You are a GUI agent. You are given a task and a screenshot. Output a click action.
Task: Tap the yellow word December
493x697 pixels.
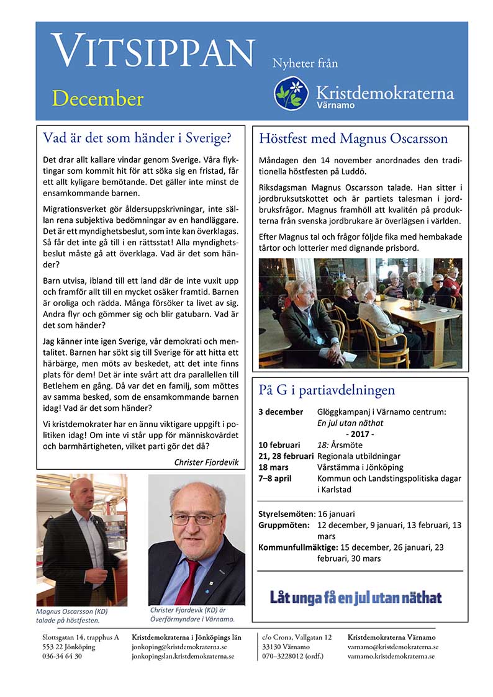pyautogui.click(x=97, y=99)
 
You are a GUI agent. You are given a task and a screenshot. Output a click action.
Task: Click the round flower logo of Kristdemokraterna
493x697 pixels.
pyautogui.click(x=291, y=94)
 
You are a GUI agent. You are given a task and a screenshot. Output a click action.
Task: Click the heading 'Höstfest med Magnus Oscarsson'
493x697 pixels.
pyautogui.click(x=353, y=138)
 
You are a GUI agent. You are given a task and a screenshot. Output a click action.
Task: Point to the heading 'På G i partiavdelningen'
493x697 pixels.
pyautogui.click(x=327, y=390)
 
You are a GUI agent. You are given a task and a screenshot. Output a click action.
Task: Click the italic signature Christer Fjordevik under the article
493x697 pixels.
pyautogui.click(x=207, y=462)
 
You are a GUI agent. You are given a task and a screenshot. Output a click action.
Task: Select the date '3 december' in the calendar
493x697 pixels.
pyautogui.click(x=281, y=411)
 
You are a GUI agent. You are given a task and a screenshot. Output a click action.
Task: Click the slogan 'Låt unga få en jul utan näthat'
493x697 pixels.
pyautogui.click(x=356, y=598)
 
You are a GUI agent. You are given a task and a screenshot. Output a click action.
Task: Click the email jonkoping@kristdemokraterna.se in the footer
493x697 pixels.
pyautogui.click(x=179, y=646)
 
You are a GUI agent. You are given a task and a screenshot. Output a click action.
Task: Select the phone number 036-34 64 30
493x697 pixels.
pyautogui.click(x=62, y=656)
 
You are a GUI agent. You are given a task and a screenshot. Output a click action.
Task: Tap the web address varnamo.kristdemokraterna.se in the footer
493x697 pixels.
pyautogui.click(x=391, y=656)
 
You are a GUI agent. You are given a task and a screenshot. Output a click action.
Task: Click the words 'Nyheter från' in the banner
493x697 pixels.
pyautogui.click(x=305, y=63)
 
